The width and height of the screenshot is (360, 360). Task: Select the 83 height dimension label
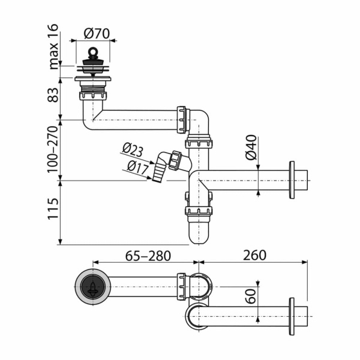(x=55, y=95)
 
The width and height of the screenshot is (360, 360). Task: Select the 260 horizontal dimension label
(x=254, y=256)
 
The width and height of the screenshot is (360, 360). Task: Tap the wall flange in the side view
(x=292, y=180)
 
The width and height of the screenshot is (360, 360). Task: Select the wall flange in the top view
(x=292, y=316)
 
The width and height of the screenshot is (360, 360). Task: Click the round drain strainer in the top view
(x=92, y=287)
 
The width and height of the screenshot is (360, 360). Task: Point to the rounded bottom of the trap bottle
(x=199, y=236)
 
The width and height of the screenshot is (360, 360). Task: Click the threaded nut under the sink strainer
(x=92, y=94)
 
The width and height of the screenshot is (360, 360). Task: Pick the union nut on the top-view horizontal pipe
(x=182, y=287)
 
